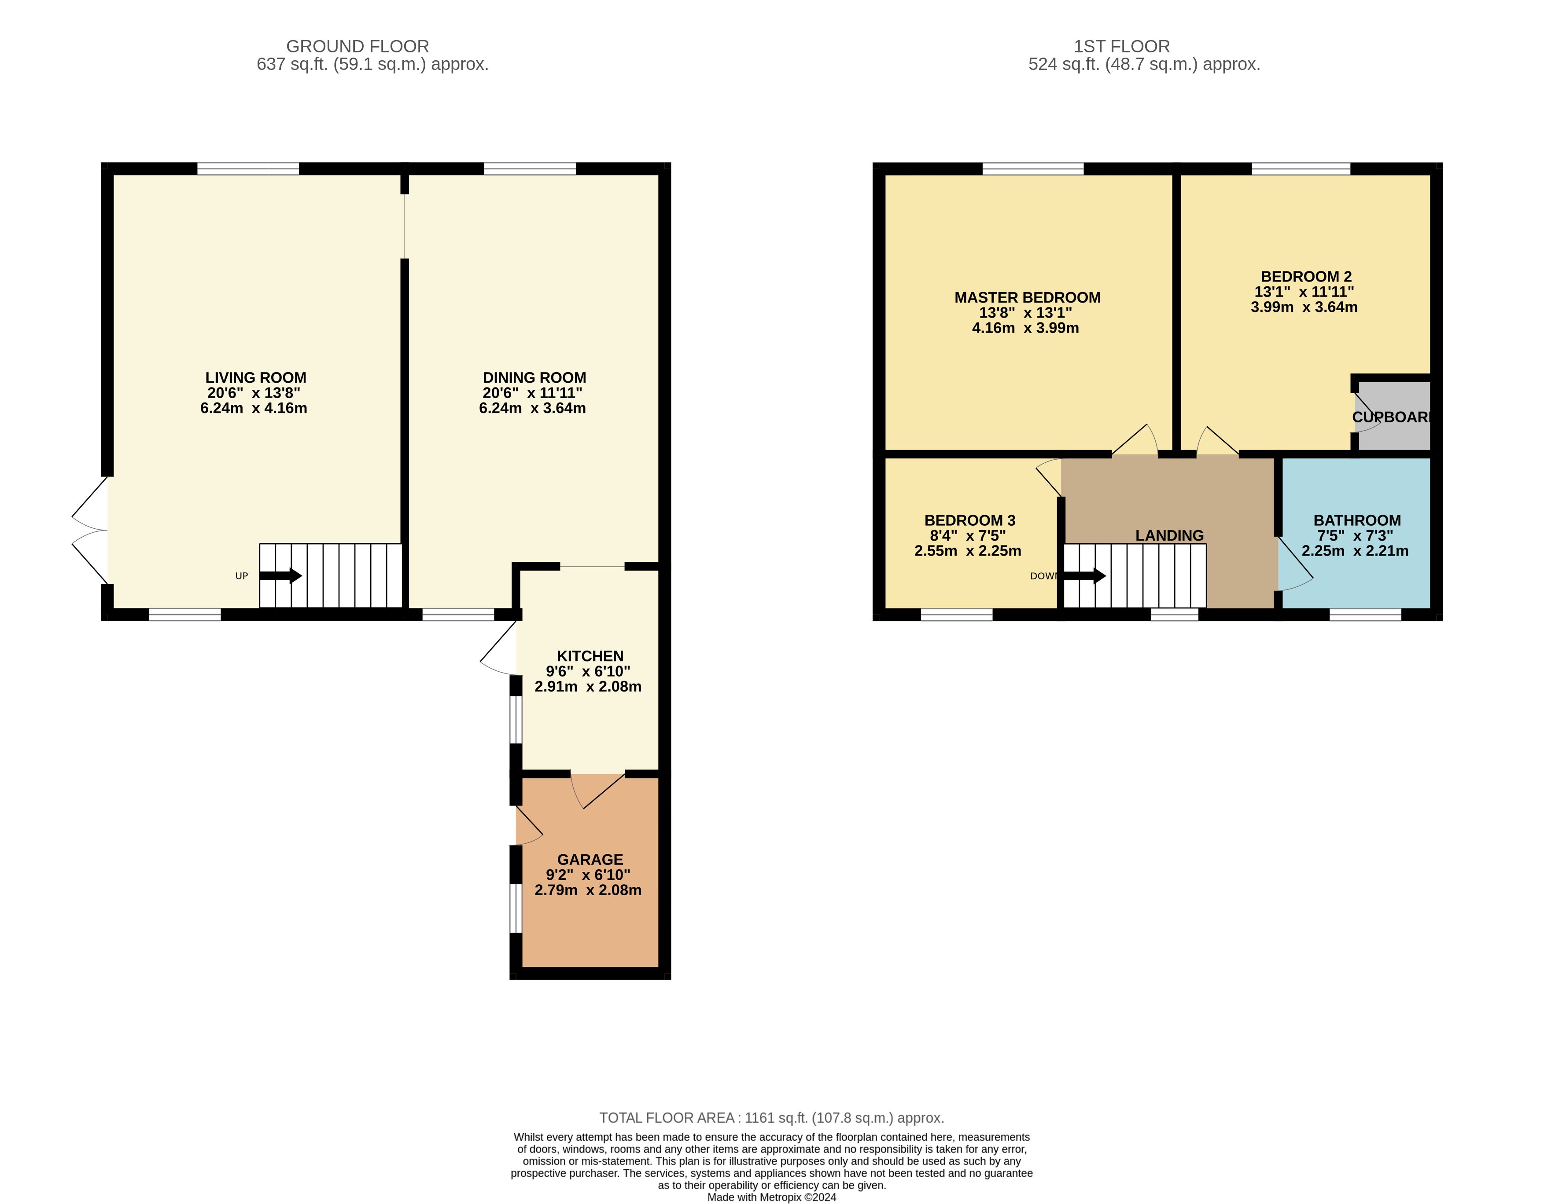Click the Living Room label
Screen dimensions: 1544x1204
255,378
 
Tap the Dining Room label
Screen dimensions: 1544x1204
534,378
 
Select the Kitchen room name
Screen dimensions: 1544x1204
590,656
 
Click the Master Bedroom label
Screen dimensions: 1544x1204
1027,297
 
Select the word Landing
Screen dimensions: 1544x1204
1169,536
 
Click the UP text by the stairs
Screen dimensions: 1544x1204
242,576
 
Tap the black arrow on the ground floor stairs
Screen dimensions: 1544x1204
280,576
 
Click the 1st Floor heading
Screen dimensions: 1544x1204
1122,47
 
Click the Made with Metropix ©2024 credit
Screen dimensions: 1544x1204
772,1197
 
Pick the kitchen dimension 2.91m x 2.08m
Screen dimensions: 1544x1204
588,687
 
